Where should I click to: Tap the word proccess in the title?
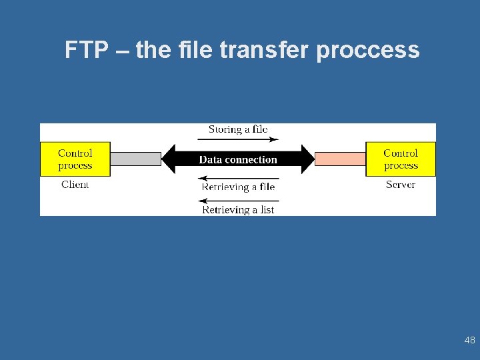[x=368, y=51]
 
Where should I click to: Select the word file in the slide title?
[x=198, y=50]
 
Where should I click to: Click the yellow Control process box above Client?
[x=75, y=159]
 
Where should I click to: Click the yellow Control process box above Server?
[x=401, y=159]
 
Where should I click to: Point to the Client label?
[x=75, y=185]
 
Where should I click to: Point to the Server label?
[x=400, y=185]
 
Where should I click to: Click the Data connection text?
[x=238, y=160]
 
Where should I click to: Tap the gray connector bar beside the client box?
[x=135, y=159]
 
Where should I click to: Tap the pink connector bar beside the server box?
[x=340, y=159]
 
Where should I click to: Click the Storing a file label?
[x=238, y=129]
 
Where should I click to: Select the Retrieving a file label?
[x=238, y=187]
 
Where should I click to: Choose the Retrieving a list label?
[x=238, y=210]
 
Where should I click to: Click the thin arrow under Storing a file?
[x=238, y=139]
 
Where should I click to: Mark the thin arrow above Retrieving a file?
[x=239, y=178]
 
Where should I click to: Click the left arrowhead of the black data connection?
[x=169, y=159]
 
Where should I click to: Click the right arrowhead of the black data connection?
[x=307, y=159]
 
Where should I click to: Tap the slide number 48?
[x=469, y=341]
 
